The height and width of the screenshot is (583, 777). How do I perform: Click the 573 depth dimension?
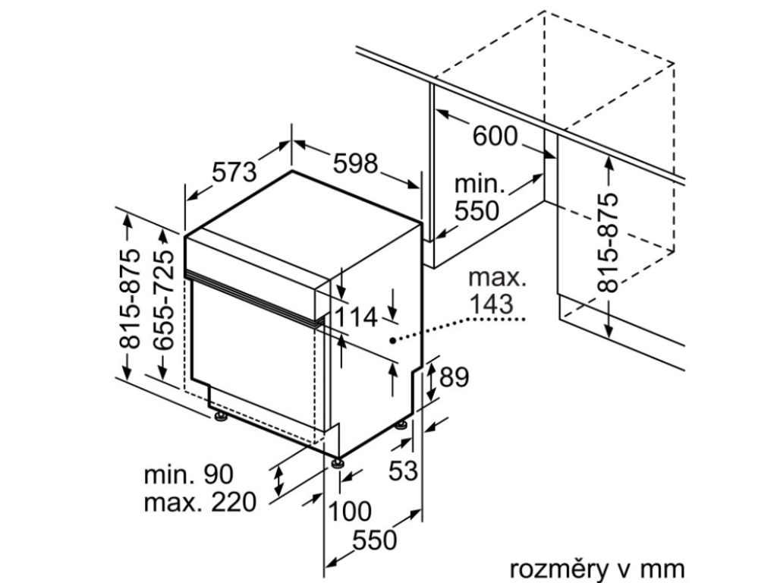point(234,172)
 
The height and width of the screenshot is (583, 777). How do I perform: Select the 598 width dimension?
point(354,163)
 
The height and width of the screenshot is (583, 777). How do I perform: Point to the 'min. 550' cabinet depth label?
point(478,197)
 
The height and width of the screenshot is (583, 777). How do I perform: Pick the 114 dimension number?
point(356,318)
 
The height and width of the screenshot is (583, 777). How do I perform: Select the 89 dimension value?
point(454,377)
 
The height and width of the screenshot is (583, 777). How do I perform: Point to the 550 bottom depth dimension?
point(375,540)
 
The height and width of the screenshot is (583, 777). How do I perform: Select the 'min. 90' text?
point(189,474)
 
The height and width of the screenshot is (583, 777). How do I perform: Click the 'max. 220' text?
point(200,502)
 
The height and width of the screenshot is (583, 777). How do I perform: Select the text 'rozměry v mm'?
point(596,568)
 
